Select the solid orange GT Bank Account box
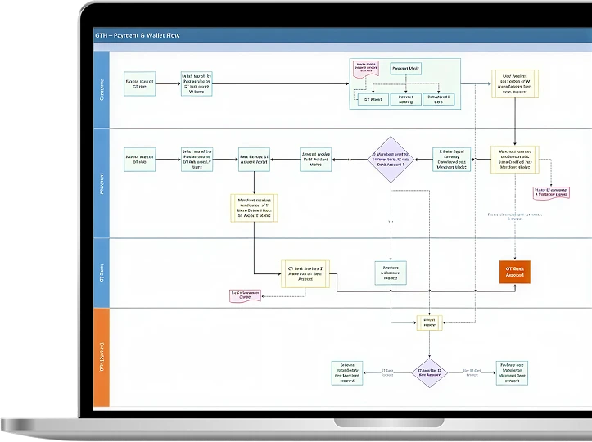pyautogui.click(x=515, y=272)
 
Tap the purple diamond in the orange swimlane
pyautogui.click(x=430, y=371)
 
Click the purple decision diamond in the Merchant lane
pyautogui.click(x=392, y=158)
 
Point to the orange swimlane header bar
pyautogui.click(x=102, y=357)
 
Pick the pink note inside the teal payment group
pyautogui.click(x=367, y=69)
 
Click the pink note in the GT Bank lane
pyautogui.click(x=246, y=295)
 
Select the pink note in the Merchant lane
pyautogui.click(x=551, y=192)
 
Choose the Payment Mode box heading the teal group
pyautogui.click(x=407, y=69)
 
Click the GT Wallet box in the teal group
pyautogui.click(x=371, y=100)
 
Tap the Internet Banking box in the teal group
pyautogui.click(x=406, y=100)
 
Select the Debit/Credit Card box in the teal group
pyautogui.click(x=438, y=100)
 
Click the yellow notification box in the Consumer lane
pyautogui.click(x=514, y=83)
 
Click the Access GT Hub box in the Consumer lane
pyautogui.click(x=140, y=83)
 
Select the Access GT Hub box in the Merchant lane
pyautogui.click(x=140, y=158)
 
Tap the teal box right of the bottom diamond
pyautogui.click(x=512, y=372)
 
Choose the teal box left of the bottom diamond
pyautogui.click(x=346, y=372)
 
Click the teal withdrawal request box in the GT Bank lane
pyautogui.click(x=391, y=273)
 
